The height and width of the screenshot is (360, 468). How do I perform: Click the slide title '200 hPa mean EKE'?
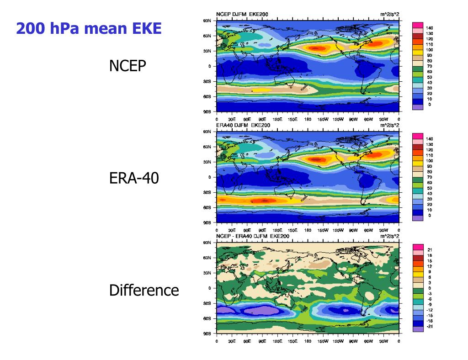coord(89,29)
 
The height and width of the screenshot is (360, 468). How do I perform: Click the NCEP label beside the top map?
coord(128,66)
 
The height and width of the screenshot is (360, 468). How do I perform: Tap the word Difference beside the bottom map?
coord(144,290)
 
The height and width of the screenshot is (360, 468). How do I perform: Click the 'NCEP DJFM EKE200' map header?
coord(242,15)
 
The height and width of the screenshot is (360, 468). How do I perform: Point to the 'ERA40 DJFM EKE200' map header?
coord(243,125)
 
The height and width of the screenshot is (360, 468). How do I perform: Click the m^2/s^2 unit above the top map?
coord(389,15)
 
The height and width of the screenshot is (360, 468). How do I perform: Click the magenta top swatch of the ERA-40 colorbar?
coord(418,136)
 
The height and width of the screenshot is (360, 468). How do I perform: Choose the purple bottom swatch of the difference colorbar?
coord(418,328)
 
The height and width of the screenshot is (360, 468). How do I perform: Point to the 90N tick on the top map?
coord(207,21)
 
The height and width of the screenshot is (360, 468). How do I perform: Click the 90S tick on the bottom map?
coord(207,334)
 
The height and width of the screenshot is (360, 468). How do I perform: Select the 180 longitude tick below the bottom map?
coord(308,341)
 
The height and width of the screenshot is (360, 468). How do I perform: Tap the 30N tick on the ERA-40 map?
coord(207,162)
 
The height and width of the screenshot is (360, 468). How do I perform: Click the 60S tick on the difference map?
coord(207,318)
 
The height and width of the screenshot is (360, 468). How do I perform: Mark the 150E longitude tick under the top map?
coord(292,119)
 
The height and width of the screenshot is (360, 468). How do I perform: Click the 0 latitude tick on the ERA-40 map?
coord(209,177)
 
